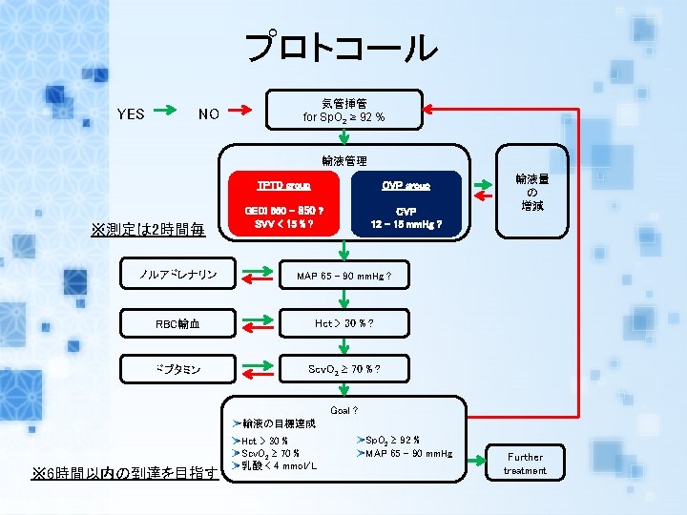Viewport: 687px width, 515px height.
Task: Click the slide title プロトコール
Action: coord(343,47)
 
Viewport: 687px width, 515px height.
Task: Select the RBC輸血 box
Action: coord(178,323)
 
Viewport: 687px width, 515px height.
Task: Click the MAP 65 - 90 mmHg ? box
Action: coord(343,277)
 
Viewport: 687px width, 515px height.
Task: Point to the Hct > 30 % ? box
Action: coord(343,323)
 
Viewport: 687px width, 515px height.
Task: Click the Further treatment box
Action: coord(525,463)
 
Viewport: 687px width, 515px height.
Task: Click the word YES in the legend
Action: coord(131,114)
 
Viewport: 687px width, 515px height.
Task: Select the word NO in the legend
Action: coord(209,114)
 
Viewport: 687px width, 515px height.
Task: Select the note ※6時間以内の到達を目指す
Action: coord(125,474)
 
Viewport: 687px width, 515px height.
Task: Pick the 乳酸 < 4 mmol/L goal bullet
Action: coord(276,465)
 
